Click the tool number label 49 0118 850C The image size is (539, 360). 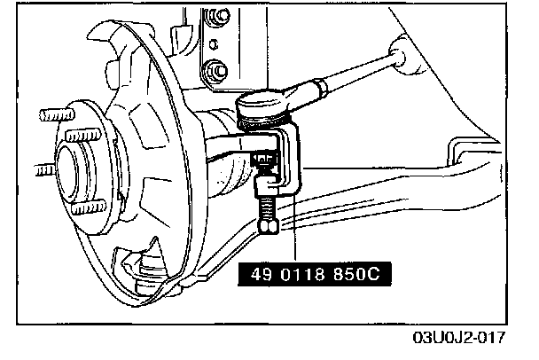(314, 275)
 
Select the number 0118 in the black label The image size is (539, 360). (309, 275)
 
